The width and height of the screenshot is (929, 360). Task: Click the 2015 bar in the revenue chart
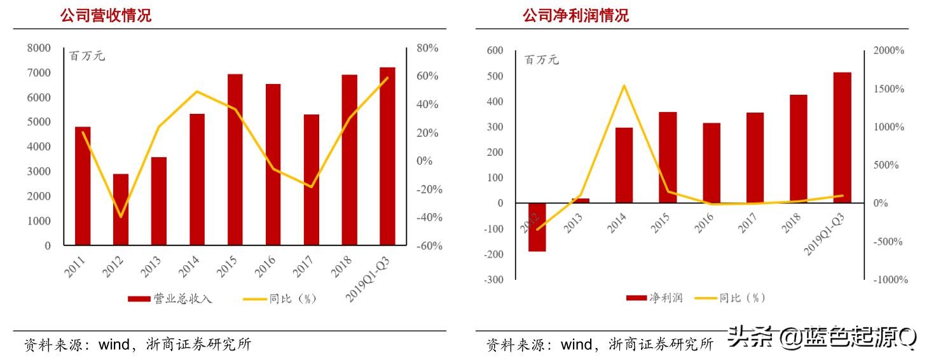[x=235, y=159]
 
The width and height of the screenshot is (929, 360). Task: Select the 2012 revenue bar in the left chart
[x=121, y=209]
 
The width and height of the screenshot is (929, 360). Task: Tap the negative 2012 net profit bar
[x=537, y=227]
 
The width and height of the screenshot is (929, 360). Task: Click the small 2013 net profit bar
[x=581, y=201]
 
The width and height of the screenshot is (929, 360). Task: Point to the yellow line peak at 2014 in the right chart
[x=624, y=85]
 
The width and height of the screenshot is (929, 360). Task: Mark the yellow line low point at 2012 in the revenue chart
[x=121, y=217]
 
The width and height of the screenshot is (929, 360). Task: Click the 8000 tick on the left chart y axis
[x=39, y=48]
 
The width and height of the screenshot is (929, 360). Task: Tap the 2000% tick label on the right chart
[x=888, y=51]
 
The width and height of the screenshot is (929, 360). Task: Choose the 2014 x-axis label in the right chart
[x=617, y=223]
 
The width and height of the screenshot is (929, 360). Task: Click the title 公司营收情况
[x=106, y=16]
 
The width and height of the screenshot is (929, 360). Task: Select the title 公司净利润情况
[x=575, y=16]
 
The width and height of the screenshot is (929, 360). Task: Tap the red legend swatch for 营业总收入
[x=139, y=299]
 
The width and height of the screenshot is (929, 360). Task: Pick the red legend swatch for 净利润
[x=635, y=298]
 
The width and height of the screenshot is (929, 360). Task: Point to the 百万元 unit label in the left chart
[x=87, y=56]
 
